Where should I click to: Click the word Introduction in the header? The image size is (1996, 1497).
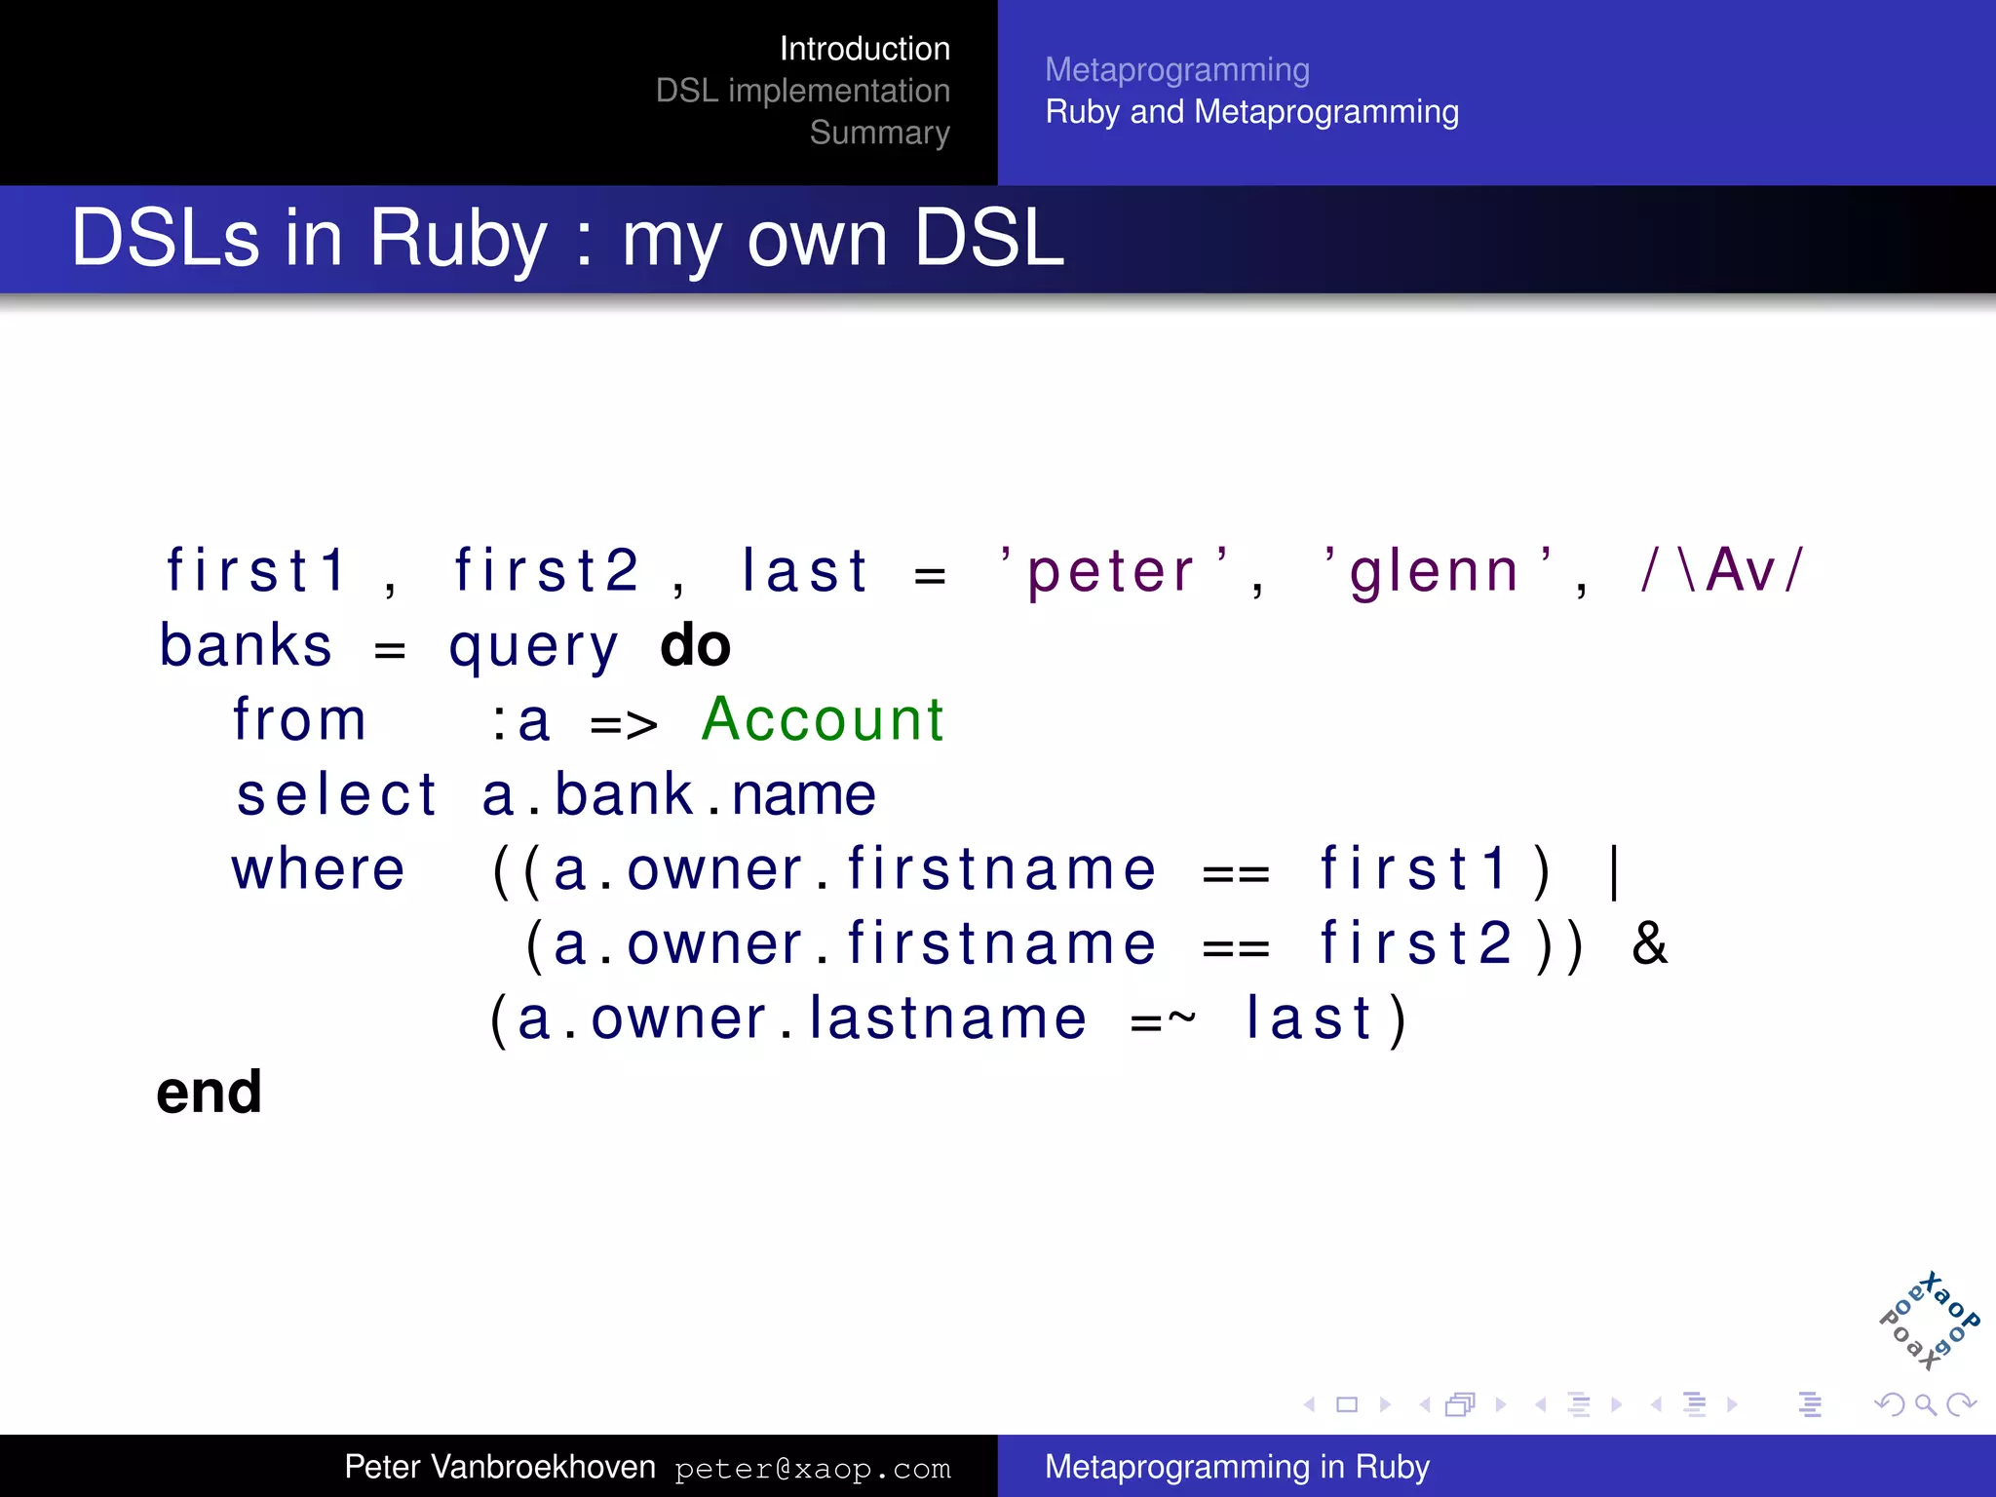coord(864,49)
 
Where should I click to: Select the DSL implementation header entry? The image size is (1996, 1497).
coord(802,91)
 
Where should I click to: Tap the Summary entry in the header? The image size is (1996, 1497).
coord(879,133)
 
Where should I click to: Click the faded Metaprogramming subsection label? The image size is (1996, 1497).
coord(1177,70)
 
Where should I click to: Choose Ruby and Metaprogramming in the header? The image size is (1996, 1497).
coord(1251,112)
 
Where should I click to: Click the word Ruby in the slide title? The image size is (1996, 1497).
coord(458,239)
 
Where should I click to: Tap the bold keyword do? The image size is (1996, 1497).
coord(695,645)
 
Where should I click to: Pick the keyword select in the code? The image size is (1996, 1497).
coord(337,794)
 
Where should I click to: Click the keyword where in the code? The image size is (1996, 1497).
coord(319,869)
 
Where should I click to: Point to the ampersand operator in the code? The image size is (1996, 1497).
coord(1649,943)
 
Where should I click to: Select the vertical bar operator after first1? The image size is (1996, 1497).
coord(1615,870)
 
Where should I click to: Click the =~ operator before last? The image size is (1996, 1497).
coord(1163,1019)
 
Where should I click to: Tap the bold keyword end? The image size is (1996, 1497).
coord(210,1093)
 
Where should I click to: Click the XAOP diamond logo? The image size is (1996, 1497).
coord(1929,1321)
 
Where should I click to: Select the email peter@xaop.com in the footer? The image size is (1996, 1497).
coord(812,1469)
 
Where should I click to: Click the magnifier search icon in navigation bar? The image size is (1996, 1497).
coord(1924,1404)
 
